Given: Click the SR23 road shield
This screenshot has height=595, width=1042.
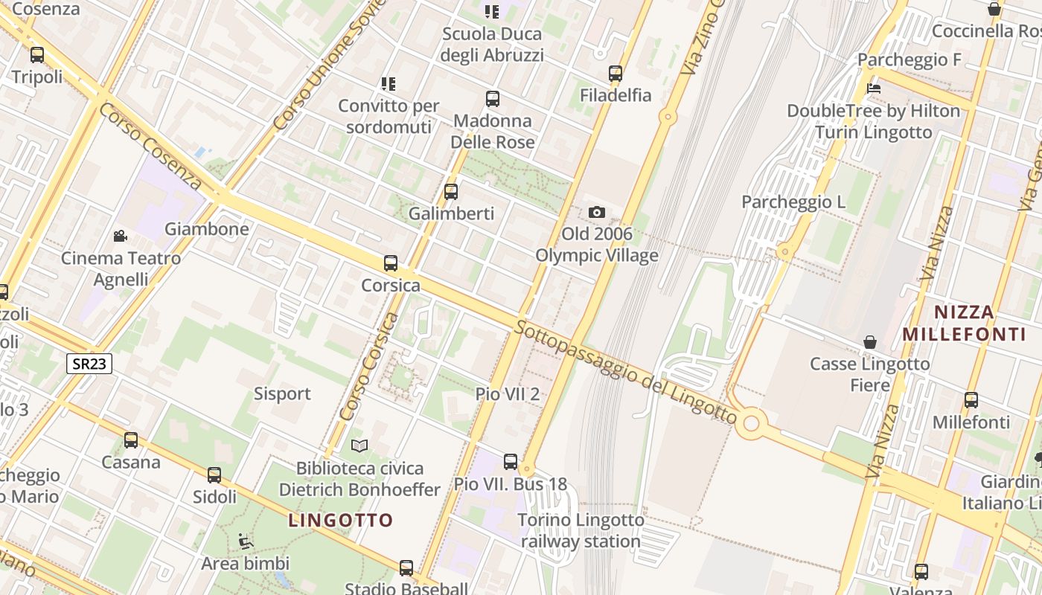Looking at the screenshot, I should click(x=89, y=364).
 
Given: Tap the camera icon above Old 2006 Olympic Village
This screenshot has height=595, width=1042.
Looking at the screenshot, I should click(x=596, y=213).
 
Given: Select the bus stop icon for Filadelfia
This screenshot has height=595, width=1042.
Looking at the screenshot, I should click(x=616, y=74).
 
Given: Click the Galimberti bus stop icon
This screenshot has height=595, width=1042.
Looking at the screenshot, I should click(x=451, y=192).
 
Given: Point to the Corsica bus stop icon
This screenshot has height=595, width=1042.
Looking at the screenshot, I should click(x=391, y=263).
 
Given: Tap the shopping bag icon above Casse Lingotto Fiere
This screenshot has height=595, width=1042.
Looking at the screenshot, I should click(x=869, y=342).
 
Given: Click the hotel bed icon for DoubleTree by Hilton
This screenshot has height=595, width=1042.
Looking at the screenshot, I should click(x=875, y=89).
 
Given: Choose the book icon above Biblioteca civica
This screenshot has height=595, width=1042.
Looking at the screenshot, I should click(x=359, y=446).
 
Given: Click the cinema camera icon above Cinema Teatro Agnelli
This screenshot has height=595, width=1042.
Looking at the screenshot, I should click(x=120, y=237).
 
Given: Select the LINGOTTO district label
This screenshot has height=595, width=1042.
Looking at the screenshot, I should click(x=340, y=521).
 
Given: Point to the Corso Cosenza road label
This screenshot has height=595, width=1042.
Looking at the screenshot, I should click(x=150, y=146).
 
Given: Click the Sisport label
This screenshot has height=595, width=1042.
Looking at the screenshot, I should click(x=282, y=393).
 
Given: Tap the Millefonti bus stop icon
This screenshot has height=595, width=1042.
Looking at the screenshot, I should click(x=971, y=400).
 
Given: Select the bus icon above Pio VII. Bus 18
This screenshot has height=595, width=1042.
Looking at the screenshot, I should click(x=511, y=462).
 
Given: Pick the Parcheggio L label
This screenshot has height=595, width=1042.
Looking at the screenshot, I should click(x=794, y=202).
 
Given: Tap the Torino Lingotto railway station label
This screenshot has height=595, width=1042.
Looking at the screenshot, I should click(x=581, y=531).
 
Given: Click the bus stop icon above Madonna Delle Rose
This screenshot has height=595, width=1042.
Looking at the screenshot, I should click(x=493, y=99).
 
